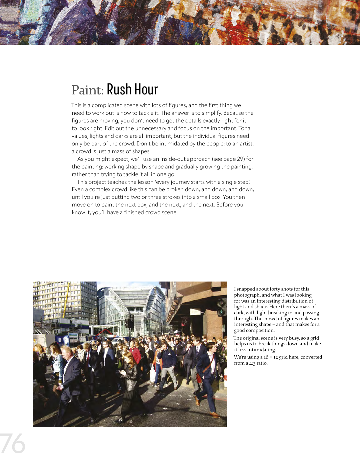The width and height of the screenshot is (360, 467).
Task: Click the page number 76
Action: [x=13, y=444]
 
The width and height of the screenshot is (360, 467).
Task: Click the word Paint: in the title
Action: [x=88, y=90]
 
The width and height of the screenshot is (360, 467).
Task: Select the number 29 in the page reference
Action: [x=240, y=159]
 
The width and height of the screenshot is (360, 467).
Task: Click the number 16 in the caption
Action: [x=266, y=357]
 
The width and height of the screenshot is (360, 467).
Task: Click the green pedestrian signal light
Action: [x=220, y=313]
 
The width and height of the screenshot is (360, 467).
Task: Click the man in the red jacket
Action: [x=135, y=354]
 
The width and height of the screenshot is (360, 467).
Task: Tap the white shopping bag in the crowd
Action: [x=153, y=374]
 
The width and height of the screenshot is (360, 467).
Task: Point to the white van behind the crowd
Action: [x=117, y=341]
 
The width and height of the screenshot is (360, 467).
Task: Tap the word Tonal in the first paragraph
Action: [x=245, y=128]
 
